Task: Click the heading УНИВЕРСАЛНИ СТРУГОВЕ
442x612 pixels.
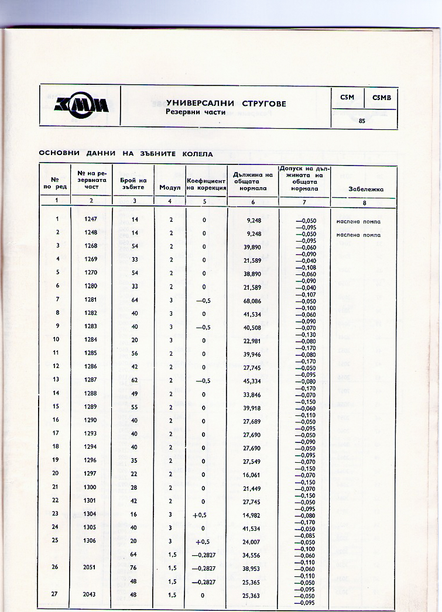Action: click(226, 104)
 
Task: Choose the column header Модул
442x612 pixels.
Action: click(170, 188)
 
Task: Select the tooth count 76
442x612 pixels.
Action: click(134, 568)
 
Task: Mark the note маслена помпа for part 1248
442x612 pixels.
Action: click(358, 235)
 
